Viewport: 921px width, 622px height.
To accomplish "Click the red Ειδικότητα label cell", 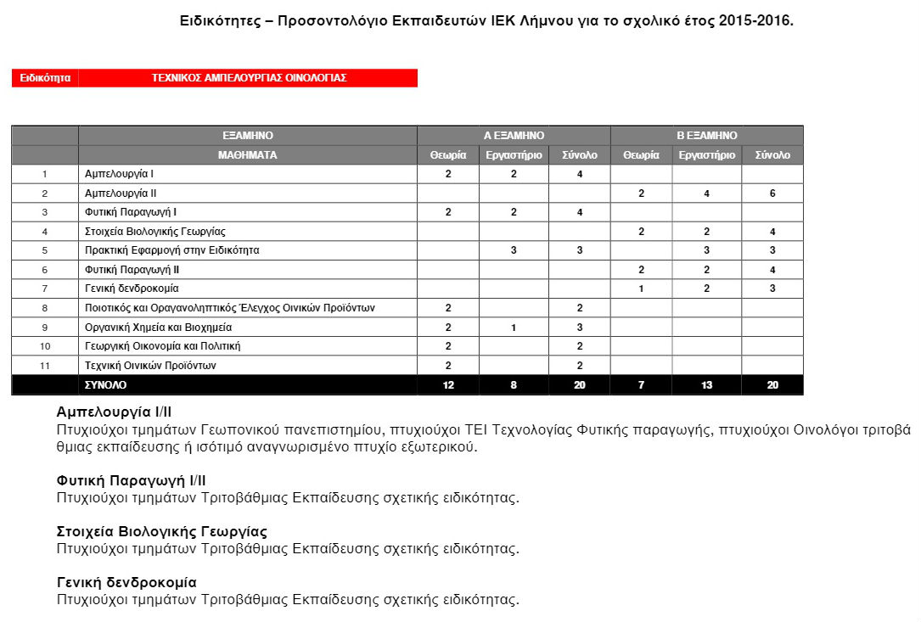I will (45, 78).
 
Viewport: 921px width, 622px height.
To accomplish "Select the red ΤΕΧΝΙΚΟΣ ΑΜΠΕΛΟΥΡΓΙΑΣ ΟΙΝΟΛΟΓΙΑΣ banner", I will (249, 78).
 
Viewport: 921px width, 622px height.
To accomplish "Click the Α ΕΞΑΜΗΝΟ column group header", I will (514, 136).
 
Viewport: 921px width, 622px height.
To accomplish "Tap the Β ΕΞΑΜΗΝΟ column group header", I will (706, 136).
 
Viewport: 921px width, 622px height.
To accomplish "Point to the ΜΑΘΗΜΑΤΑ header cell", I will (247, 155).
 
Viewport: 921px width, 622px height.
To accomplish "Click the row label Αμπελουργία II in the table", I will (121, 193).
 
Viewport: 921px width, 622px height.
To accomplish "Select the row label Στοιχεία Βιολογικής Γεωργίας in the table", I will (155, 232).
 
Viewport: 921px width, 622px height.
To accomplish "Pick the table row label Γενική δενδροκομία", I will (132, 289).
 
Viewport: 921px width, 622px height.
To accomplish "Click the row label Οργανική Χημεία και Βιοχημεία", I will (159, 328).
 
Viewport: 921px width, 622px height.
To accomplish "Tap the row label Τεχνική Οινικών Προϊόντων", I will (151, 366).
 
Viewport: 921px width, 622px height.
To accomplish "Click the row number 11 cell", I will (45, 366).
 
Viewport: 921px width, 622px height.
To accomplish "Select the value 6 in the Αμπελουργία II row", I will (772, 193).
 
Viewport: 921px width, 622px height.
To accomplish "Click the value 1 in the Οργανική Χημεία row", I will (514, 328).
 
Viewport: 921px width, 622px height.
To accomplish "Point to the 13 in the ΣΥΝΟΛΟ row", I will (706, 385).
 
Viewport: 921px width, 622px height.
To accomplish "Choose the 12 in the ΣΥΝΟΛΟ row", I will (448, 385).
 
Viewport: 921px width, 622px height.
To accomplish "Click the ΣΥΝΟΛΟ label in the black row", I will (106, 385).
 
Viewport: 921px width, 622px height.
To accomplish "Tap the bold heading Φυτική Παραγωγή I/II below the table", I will (131, 481).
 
